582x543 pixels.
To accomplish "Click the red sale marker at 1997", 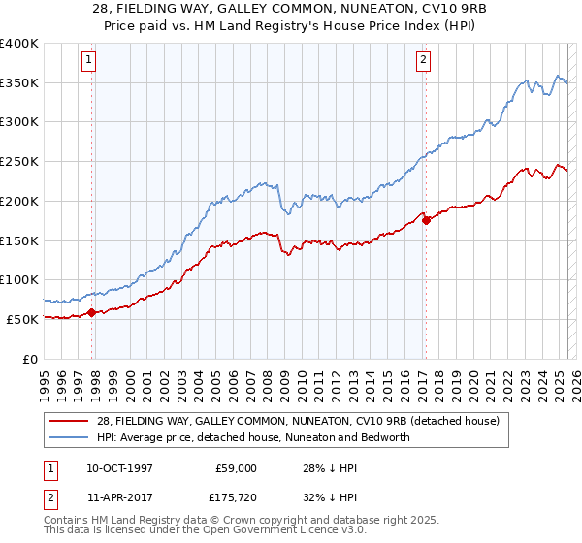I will [92, 312].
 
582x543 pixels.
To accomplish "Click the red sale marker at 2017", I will [426, 220].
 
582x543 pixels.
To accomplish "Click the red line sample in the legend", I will [69, 421].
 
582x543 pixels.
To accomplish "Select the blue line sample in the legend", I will [69, 437].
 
